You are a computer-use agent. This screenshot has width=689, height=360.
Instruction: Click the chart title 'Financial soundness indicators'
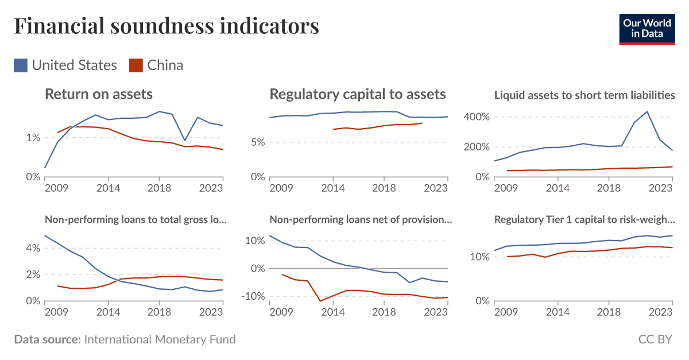167,26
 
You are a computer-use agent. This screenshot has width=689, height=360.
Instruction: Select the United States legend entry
65,65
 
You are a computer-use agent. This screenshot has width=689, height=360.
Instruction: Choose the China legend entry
156,65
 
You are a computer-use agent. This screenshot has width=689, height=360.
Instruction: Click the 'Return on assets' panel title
99,94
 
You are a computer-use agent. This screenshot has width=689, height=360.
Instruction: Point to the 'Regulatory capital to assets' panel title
357,94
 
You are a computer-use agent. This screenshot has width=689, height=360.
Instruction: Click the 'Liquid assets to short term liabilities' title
585,95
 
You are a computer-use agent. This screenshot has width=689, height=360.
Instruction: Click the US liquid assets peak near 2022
647,111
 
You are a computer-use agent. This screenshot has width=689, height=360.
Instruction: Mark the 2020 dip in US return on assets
184,140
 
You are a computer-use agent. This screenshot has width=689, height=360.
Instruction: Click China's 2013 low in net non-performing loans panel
320,301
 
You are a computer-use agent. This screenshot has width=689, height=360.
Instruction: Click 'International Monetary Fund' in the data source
160,339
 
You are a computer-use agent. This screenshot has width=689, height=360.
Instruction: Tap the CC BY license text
655,339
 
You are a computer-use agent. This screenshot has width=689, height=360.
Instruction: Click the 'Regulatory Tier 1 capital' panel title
585,219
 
